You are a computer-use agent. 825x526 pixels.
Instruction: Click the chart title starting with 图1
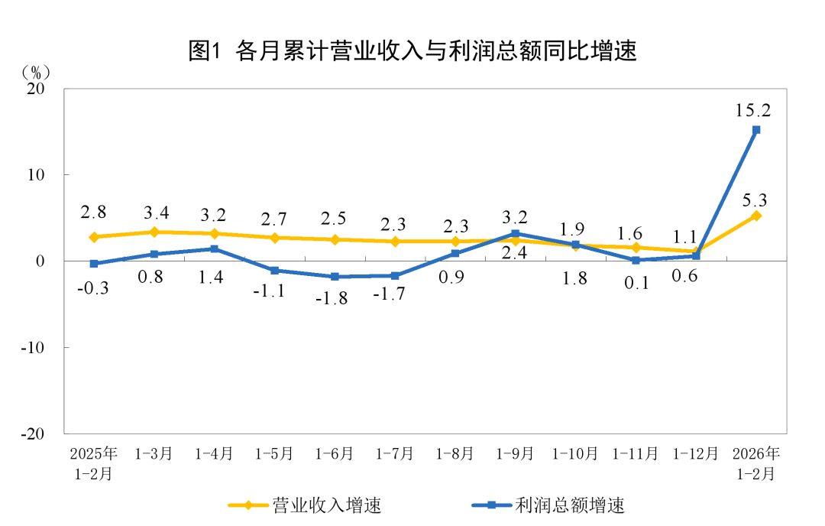(412, 51)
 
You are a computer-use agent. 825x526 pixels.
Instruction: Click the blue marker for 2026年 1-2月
(756, 130)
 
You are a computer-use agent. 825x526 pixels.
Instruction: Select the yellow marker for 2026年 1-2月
(756, 216)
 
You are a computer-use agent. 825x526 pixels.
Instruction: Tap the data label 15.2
(752, 110)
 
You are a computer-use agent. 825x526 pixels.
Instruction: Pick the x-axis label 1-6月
(335, 453)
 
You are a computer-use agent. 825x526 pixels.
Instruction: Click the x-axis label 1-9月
(515, 453)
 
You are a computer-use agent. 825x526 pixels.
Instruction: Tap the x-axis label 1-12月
(695, 453)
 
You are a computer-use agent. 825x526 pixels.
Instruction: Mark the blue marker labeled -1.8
(335, 277)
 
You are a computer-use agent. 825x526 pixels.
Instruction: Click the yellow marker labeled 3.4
(154, 232)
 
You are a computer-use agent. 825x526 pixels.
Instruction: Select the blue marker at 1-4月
(214, 249)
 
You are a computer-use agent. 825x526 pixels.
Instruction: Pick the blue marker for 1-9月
(516, 234)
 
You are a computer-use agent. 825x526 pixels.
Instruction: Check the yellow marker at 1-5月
(274, 238)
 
